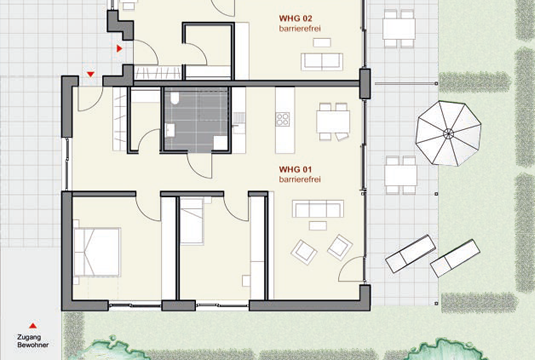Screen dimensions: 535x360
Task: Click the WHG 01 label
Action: (295, 169)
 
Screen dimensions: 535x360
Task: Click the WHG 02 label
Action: (295, 18)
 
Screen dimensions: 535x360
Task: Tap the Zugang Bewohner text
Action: (33, 341)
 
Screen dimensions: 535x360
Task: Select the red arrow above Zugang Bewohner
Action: (33, 326)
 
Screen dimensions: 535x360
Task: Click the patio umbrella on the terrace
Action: (448, 133)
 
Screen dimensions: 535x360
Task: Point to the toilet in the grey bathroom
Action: (175, 98)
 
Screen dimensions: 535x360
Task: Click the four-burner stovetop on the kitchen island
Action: (283, 119)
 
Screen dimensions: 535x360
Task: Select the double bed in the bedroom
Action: (97, 252)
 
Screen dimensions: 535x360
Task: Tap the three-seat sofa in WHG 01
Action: (318, 209)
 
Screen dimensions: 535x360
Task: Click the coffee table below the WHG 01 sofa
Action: (318, 226)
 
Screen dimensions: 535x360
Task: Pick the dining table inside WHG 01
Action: (333, 122)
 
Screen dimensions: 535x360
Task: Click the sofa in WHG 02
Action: (322, 61)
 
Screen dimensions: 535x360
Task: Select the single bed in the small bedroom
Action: (192, 221)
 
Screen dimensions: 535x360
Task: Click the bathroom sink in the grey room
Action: (170, 130)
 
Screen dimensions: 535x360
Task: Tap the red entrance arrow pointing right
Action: (119, 48)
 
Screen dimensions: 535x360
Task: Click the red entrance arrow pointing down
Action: (90, 74)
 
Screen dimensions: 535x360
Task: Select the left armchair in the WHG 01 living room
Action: (304, 252)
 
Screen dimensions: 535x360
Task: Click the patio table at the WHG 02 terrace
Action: (399, 29)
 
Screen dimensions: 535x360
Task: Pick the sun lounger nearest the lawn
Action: (455, 258)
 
